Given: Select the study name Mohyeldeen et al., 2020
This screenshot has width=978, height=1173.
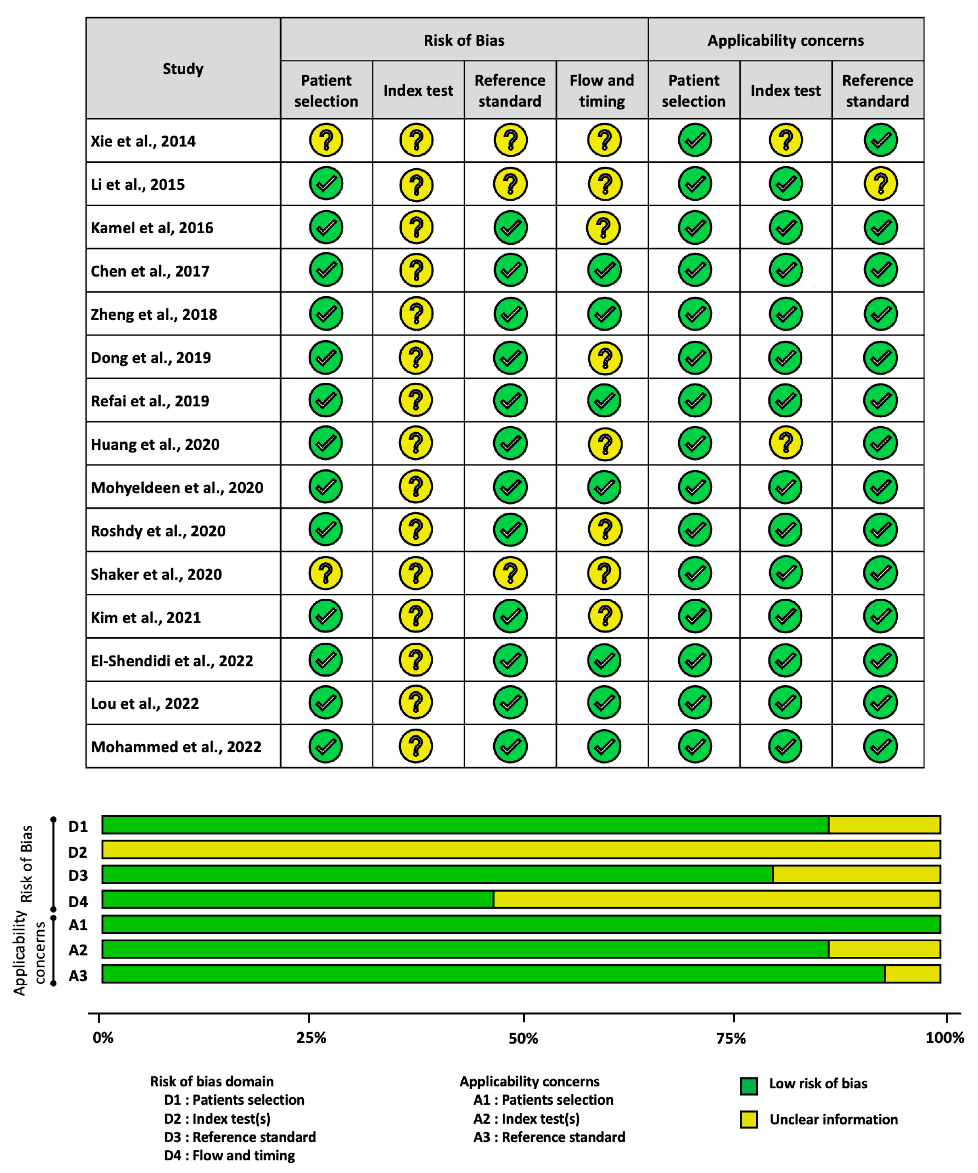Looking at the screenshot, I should [177, 488].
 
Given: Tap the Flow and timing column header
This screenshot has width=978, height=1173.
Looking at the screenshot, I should [602, 90].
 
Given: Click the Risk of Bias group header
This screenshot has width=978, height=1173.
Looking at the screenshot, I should [464, 40].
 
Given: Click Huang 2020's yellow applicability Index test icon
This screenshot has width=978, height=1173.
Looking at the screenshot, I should [786, 443].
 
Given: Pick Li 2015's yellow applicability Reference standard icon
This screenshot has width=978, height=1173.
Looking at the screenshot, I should [880, 184].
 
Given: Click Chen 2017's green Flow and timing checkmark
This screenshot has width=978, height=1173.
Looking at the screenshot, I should [604, 270].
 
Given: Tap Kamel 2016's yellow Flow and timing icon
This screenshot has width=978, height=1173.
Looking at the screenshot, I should [603, 228].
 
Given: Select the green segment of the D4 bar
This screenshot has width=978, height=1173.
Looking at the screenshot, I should [298, 899].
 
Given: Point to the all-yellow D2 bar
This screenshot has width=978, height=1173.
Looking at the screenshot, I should [521, 850].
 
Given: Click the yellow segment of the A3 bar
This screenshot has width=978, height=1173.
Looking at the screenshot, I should [912, 973].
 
